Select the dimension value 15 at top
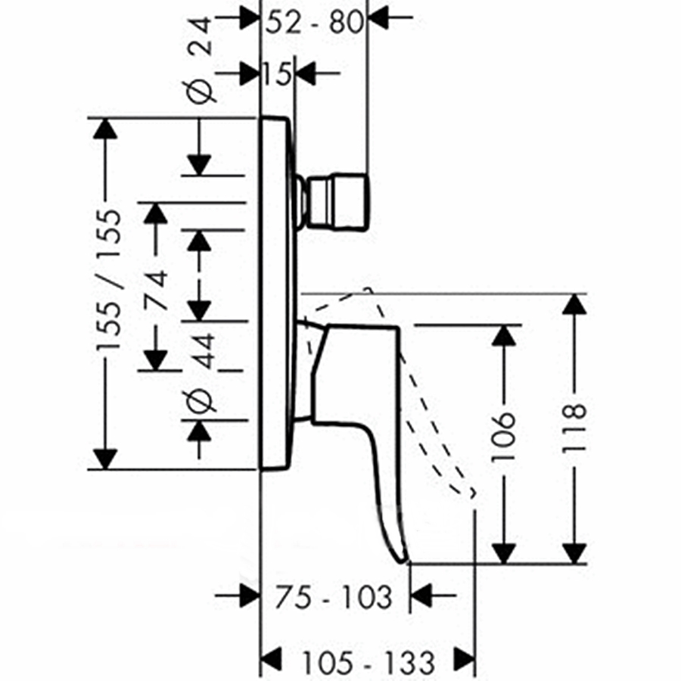[277, 74]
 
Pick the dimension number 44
[200, 350]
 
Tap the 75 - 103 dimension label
[334, 597]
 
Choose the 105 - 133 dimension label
[368, 664]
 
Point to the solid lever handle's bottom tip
[404, 559]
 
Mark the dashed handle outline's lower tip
[472, 495]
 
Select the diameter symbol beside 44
[200, 401]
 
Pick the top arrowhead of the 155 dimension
[104, 129]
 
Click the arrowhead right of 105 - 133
[464, 655]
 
